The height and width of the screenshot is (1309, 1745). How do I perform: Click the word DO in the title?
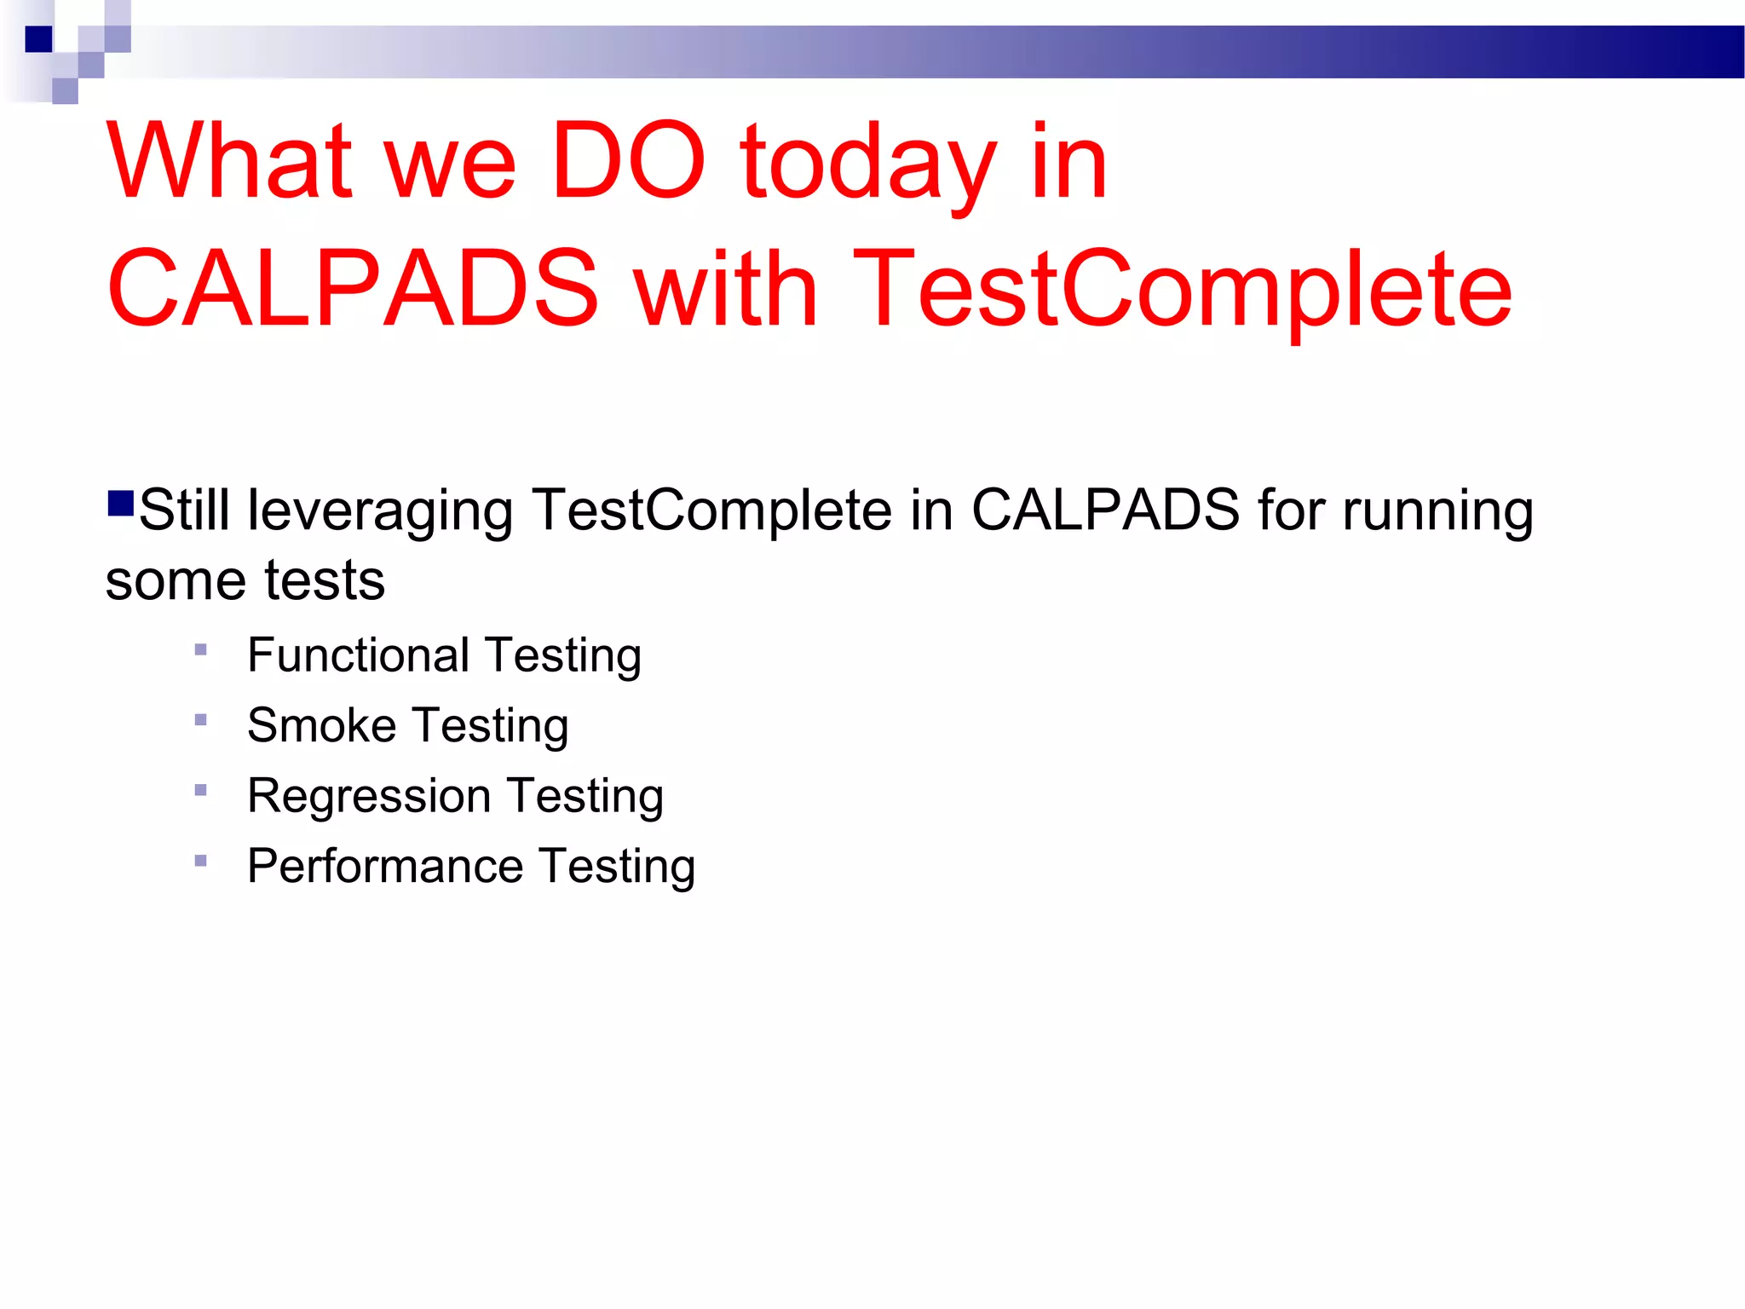pyautogui.click(x=628, y=161)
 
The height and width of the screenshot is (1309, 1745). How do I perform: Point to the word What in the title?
pyautogui.click(x=230, y=161)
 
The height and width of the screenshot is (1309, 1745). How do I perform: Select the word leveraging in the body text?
pyautogui.click(x=379, y=512)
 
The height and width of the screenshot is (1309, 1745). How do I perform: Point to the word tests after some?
pyautogui.click(x=325, y=580)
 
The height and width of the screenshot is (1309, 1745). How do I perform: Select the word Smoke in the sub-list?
pyautogui.click(x=321, y=725)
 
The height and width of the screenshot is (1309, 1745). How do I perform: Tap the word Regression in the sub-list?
pyautogui.click(x=369, y=797)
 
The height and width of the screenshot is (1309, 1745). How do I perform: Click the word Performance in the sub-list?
pyautogui.click(x=385, y=867)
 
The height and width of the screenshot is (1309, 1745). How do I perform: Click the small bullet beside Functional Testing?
pyautogui.click(x=201, y=649)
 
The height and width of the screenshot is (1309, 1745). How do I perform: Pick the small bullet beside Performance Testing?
pyautogui.click(x=201, y=861)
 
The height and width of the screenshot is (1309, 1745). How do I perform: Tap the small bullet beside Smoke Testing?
pyautogui.click(x=201, y=720)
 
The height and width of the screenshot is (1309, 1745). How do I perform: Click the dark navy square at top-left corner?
pyautogui.click(x=38, y=39)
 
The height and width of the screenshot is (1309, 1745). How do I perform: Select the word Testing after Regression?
pyautogui.click(x=585, y=797)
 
